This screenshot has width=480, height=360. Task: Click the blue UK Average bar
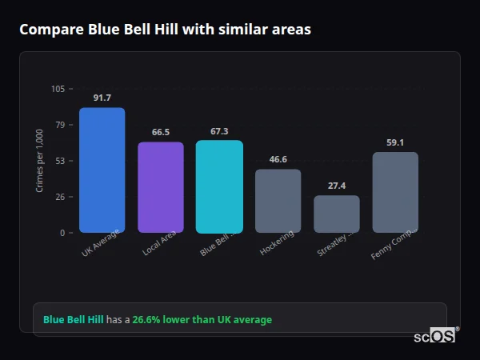[x=102, y=170]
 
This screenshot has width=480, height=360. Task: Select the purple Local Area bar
[x=160, y=187]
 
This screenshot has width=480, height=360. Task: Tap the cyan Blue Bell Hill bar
[x=219, y=186]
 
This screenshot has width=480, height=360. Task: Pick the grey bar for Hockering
[x=278, y=201]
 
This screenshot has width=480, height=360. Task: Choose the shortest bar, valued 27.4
[x=337, y=214]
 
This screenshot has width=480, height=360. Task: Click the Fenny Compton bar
[x=395, y=192]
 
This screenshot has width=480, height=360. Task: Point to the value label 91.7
[x=102, y=98]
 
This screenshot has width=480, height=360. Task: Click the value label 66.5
[x=160, y=132]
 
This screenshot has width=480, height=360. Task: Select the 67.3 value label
[x=219, y=131]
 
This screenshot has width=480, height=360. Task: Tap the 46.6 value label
[x=278, y=159]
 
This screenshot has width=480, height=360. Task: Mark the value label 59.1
[x=395, y=142]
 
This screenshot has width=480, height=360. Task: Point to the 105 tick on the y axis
[x=58, y=89]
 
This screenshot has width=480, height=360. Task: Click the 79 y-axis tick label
[x=60, y=125]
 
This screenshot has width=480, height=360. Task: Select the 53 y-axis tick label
[x=60, y=161]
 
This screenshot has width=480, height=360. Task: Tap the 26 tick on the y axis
[x=60, y=197]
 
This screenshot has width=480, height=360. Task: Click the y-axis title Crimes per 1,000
[x=40, y=161]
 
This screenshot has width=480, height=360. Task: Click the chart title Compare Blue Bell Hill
[x=165, y=30]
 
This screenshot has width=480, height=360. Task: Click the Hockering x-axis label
[x=278, y=242]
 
